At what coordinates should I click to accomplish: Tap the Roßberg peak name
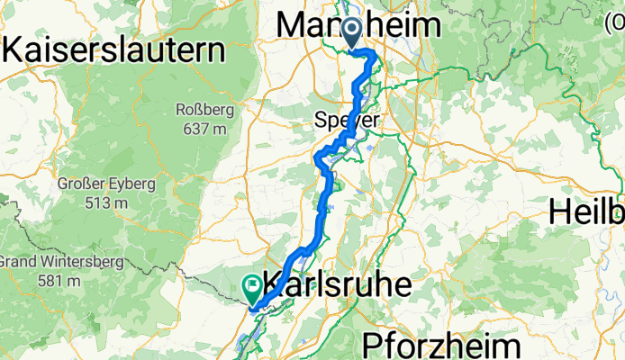click(206, 112)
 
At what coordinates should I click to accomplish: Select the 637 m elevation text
click(207, 129)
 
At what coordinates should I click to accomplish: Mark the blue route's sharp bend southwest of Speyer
click(317, 160)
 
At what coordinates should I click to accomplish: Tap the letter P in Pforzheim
click(372, 345)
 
